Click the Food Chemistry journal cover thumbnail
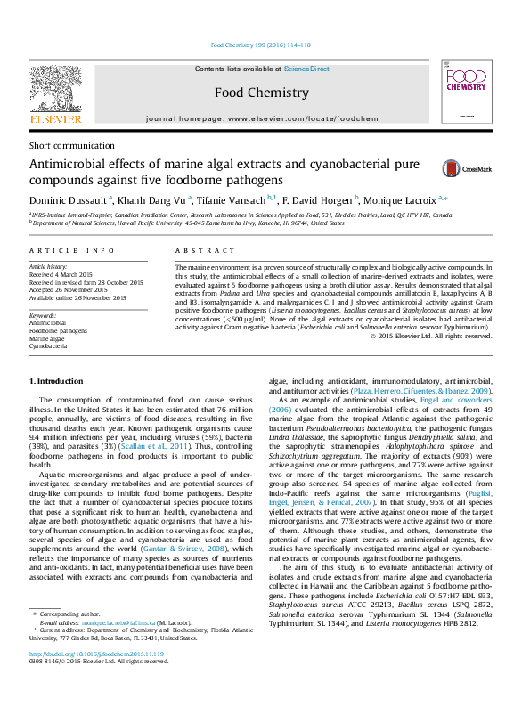pyautogui.click(x=465, y=93)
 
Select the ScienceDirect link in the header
pyautogui.click(x=306, y=69)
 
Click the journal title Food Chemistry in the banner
pyautogui.click(x=261, y=92)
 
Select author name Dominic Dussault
pyautogui.click(x=69, y=201)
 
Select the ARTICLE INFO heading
pyautogui.click(x=72, y=252)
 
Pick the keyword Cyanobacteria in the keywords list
pyautogui.click(x=49, y=346)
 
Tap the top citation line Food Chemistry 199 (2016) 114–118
pyautogui.click(x=260, y=45)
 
